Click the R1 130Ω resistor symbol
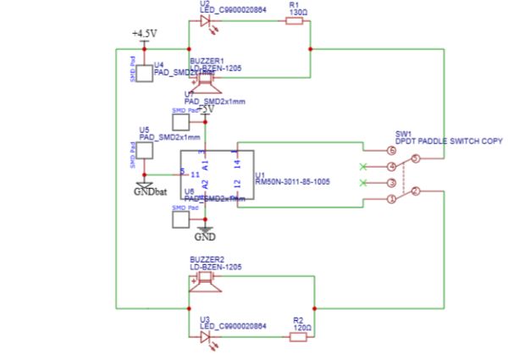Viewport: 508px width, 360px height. (x=295, y=23)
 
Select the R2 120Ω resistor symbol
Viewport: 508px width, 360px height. (x=298, y=337)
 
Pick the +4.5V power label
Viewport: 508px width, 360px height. (x=144, y=33)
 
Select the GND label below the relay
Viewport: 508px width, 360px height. (x=204, y=237)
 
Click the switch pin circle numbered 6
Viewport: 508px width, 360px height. (x=390, y=150)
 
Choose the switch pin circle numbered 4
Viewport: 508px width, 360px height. (x=390, y=167)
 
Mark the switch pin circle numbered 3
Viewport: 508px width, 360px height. (x=390, y=183)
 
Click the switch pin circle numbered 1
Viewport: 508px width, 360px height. (x=390, y=200)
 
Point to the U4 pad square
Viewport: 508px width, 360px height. (x=144, y=73)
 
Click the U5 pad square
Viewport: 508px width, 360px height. (x=144, y=150)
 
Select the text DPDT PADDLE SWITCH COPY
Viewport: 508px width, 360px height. (x=449, y=141)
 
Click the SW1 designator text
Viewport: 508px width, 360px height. (x=403, y=133)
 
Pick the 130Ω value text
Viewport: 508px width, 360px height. (x=298, y=13)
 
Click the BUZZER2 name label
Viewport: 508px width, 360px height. (x=207, y=258)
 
